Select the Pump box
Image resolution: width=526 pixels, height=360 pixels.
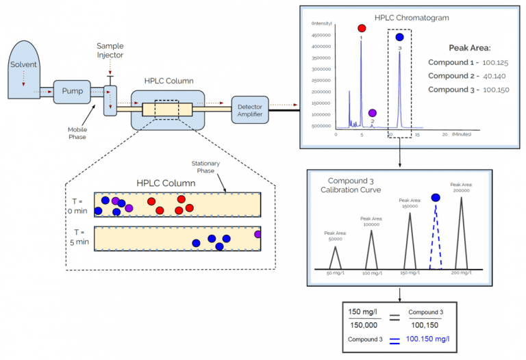[72, 91]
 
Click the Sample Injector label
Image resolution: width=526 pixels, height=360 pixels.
[110, 50]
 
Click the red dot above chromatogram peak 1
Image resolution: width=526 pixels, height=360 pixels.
[362, 29]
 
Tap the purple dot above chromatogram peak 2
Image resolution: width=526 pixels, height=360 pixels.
[372, 113]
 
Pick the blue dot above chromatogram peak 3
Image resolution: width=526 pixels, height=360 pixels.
[399, 38]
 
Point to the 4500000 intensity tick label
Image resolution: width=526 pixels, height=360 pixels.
[322, 34]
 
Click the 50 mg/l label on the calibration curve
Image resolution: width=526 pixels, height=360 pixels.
[336, 273]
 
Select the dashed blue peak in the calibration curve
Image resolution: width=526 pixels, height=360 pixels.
[436, 236]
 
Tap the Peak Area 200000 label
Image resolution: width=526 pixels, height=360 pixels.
[463, 188]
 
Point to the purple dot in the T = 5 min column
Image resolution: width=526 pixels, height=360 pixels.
[258, 234]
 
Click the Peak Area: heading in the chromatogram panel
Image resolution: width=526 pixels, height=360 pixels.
[469, 48]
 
